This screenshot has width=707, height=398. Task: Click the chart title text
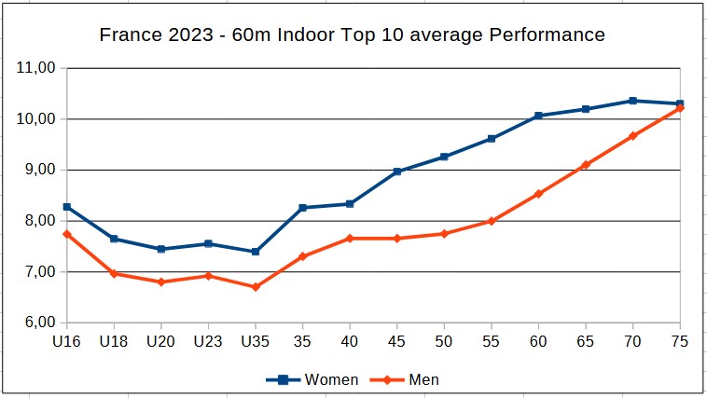353,35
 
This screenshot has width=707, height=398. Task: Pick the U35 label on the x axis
256,342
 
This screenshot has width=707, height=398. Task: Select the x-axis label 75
680,342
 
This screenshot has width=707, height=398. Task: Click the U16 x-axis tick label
66,342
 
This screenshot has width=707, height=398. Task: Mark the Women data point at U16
67,207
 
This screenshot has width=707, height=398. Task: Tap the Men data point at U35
256,287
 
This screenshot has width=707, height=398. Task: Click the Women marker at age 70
632,101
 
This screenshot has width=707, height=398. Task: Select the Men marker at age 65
586,165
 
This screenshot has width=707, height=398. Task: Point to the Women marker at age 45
397,172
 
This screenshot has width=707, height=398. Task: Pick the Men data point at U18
114,273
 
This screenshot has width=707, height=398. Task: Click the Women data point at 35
302,208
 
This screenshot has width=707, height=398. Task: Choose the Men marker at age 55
492,221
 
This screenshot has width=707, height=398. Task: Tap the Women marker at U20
161,249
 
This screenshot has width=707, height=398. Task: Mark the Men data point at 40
350,239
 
